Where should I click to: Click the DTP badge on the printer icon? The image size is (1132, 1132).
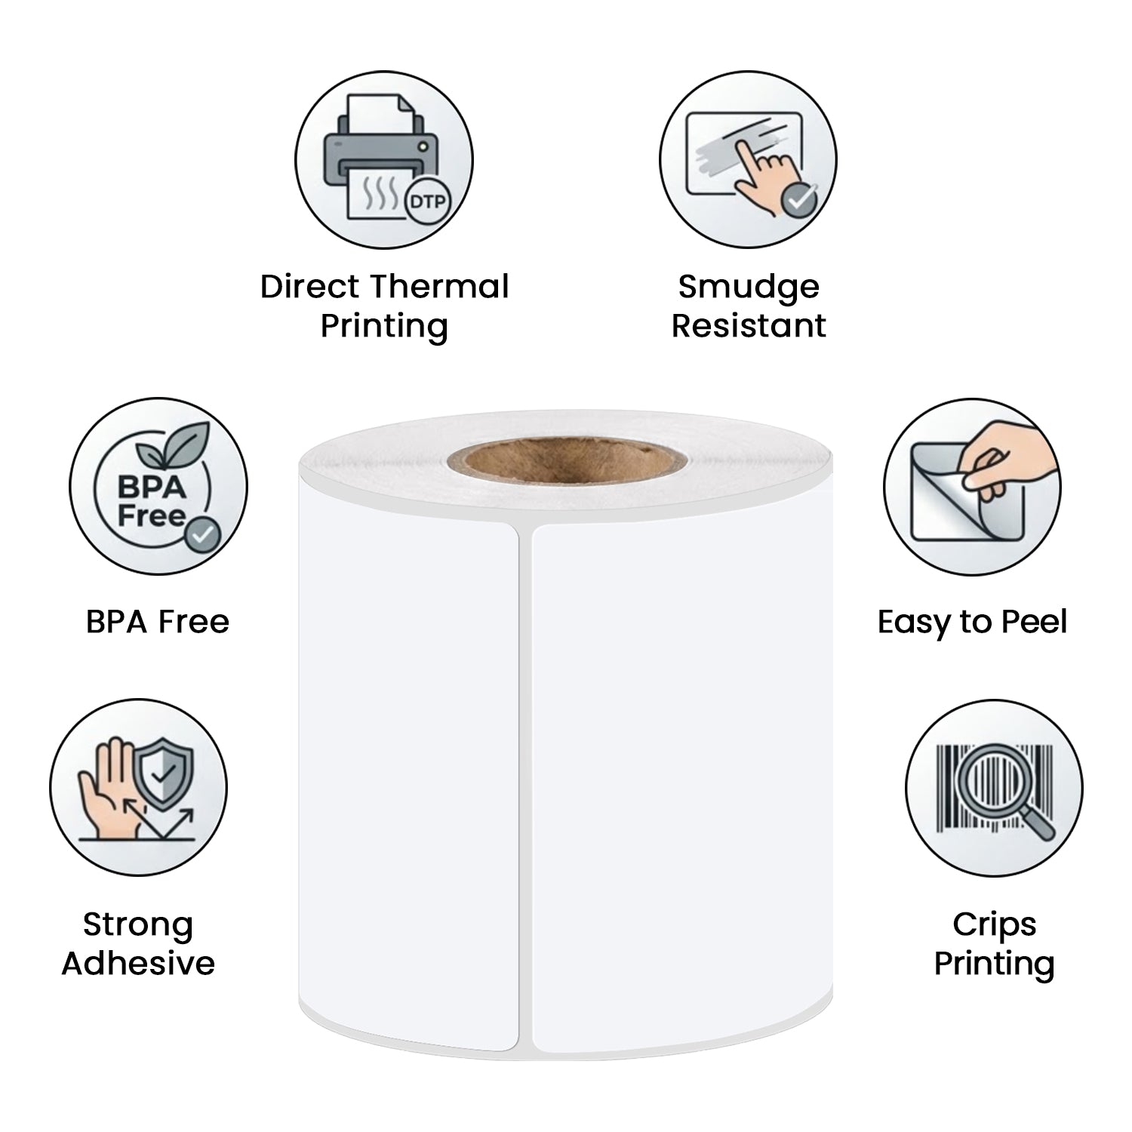[x=427, y=201]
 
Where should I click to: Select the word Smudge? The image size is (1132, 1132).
[x=748, y=288]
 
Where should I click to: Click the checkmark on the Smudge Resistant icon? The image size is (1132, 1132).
[x=798, y=198]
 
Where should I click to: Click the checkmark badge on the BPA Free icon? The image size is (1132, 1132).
[x=202, y=535]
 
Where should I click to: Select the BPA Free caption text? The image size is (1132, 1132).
[x=157, y=622]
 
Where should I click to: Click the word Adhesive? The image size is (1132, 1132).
[x=138, y=963]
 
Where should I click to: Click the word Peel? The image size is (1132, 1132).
[x=1034, y=622]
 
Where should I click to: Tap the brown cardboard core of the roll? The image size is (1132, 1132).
[x=565, y=460]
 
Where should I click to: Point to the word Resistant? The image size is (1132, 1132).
[x=749, y=326]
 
